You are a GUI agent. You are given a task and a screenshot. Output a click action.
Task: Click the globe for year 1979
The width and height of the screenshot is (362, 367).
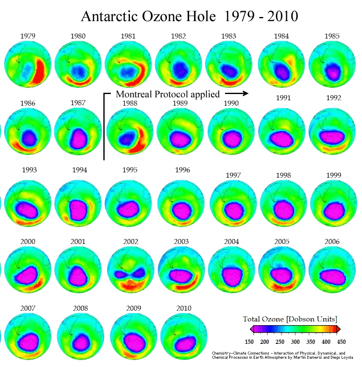pyautogui.click(x=27, y=64)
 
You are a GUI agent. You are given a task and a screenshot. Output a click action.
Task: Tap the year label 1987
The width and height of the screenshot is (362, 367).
pyautogui.click(x=78, y=102)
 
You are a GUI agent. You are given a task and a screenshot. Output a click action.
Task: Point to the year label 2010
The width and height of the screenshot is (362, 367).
pyautogui.click(x=183, y=308)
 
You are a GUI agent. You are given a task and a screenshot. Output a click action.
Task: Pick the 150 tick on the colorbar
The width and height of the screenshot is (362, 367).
pyautogui.click(x=249, y=342)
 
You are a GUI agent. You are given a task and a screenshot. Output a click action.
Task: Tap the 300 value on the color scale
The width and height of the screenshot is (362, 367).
pyautogui.click(x=295, y=342)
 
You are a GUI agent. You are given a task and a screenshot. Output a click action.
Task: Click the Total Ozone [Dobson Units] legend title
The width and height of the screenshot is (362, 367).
pyautogui.click(x=290, y=319)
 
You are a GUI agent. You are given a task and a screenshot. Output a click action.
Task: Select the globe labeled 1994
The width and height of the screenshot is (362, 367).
pyautogui.click(x=78, y=204)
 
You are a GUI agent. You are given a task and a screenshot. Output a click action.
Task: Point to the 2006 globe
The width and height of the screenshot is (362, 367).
pyautogui.click(x=332, y=270)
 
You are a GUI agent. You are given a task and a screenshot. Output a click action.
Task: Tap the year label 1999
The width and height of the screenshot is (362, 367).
pyautogui.click(x=333, y=175)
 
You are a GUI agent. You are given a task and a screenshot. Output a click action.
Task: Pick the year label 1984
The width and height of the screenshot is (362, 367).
pyautogui.click(x=281, y=36)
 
